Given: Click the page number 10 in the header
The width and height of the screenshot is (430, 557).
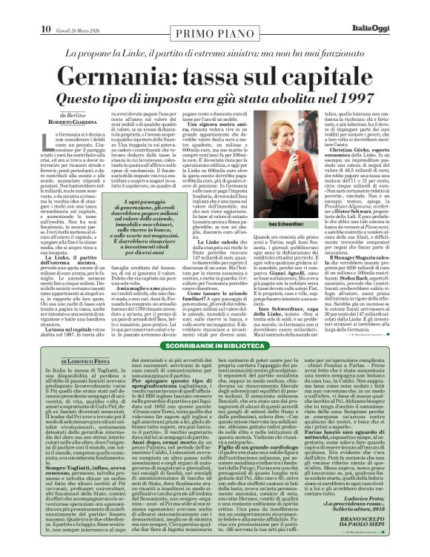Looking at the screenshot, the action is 45,9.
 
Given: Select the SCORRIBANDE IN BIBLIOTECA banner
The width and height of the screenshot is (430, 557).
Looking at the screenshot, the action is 214,347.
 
